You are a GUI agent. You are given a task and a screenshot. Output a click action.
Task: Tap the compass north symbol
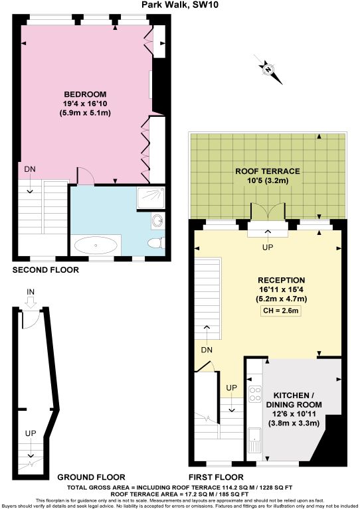click(x=268, y=68)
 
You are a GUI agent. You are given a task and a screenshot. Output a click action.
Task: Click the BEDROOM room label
click(x=84, y=94)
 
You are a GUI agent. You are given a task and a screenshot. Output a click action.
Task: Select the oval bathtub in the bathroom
click(x=96, y=245)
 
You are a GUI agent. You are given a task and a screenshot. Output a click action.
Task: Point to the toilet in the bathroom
click(x=155, y=243)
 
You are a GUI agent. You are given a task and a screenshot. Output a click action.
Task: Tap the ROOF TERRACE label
click(x=268, y=171)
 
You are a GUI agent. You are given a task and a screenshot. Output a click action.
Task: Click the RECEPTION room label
click(x=282, y=280)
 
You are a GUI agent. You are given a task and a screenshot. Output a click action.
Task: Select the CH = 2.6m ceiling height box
click(x=282, y=311)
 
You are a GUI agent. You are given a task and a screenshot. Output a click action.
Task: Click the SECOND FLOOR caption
click(x=46, y=270)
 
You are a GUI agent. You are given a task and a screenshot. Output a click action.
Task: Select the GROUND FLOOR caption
click(x=91, y=476)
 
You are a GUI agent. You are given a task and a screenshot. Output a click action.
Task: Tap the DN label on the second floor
click(x=30, y=169)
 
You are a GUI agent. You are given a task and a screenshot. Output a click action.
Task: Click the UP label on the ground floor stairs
click(x=30, y=433)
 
